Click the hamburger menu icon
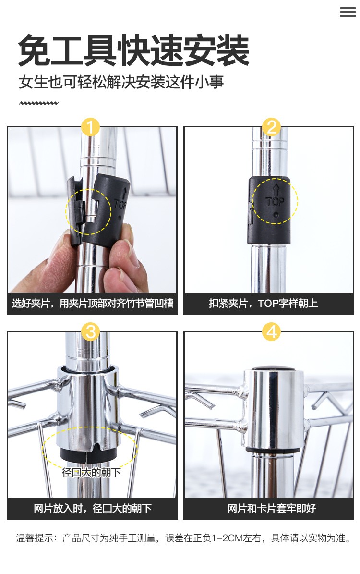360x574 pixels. click(348, 12)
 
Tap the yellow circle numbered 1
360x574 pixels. click(90, 127)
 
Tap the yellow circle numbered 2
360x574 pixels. click(271, 127)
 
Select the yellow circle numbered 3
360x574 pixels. click(90, 331)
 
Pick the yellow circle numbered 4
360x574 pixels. click(271, 331)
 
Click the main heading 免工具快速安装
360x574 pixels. click(134, 50)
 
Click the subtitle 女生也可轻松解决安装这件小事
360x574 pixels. click(121, 82)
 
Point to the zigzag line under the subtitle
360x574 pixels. click(39, 103)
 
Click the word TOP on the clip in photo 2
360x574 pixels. click(275, 201)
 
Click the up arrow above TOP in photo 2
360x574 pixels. click(276, 190)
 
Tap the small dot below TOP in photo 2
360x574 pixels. click(276, 215)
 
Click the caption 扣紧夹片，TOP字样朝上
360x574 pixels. click(264, 303)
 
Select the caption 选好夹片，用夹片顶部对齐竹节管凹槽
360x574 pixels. click(93, 303)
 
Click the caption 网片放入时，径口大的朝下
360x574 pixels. click(93, 508)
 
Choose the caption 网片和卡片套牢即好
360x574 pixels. click(272, 508)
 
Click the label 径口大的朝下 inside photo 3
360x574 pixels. click(92, 472)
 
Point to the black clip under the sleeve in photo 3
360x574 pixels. click(88, 454)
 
